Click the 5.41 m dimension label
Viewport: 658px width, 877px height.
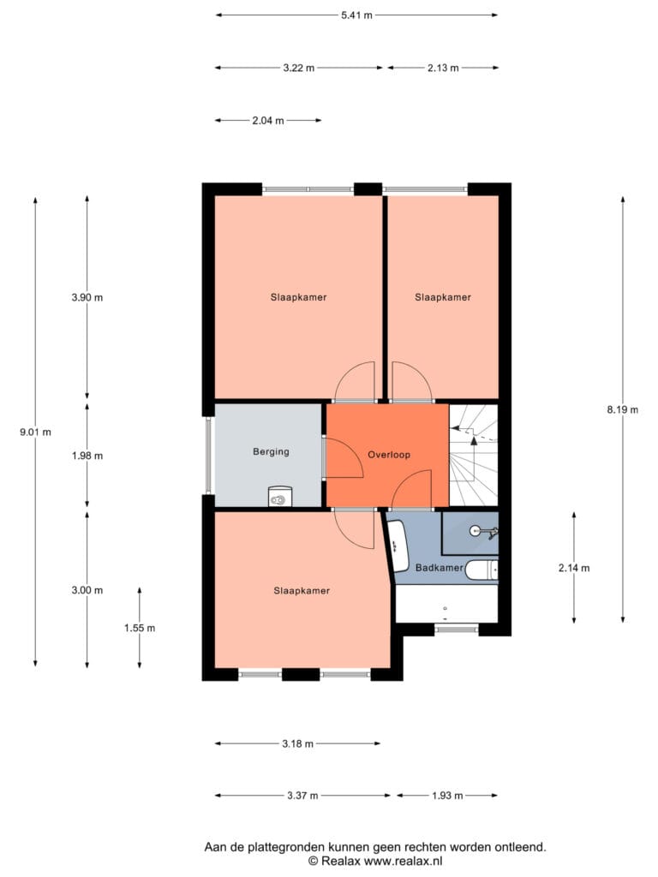pyautogui.click(x=356, y=15)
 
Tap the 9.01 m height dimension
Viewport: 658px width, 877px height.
pyautogui.click(x=35, y=432)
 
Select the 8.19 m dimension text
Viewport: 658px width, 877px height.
pyautogui.click(x=622, y=409)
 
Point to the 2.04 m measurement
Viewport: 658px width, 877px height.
pyautogui.click(x=268, y=120)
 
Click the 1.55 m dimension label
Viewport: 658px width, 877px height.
pyautogui.click(x=140, y=628)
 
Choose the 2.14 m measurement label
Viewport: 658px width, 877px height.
pyautogui.click(x=574, y=568)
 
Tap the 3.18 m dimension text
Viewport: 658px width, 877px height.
pyautogui.click(x=297, y=743)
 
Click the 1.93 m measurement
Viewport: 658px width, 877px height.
pyautogui.click(x=447, y=796)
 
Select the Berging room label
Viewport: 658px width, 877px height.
pyautogui.click(x=271, y=451)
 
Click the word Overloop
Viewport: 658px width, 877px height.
pyautogui.click(x=389, y=455)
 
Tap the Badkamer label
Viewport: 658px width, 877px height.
pyautogui.click(x=440, y=568)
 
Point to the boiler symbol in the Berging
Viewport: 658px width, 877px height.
pyautogui.click(x=280, y=497)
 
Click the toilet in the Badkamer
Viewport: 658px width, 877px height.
pyautogui.click(x=482, y=570)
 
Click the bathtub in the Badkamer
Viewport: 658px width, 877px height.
pyautogui.click(x=398, y=546)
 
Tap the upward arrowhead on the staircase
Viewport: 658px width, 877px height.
pyautogui.click(x=474, y=440)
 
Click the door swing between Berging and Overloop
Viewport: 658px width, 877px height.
pyautogui.click(x=344, y=458)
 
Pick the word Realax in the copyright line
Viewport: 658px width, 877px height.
pyautogui.click(x=341, y=862)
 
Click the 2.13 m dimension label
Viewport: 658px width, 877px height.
pyautogui.click(x=443, y=68)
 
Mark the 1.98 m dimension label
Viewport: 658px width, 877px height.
pyautogui.click(x=87, y=456)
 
